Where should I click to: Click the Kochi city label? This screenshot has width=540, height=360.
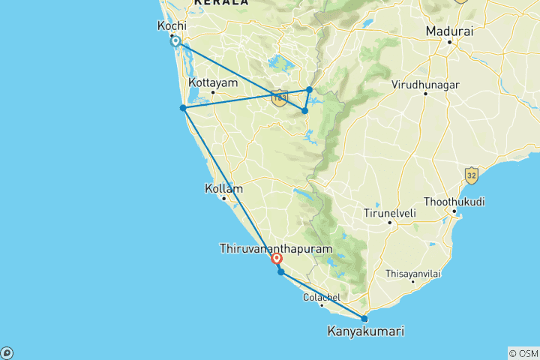click(x=172, y=25)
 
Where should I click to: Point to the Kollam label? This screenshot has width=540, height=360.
click(x=223, y=189)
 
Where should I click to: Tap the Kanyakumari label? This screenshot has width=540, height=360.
click(x=364, y=330)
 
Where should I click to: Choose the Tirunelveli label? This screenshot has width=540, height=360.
click(x=390, y=212)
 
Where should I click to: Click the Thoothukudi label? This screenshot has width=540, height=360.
click(x=454, y=202)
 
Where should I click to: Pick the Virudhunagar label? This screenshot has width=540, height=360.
click(x=424, y=85)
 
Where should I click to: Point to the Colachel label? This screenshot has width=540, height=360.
click(x=322, y=297)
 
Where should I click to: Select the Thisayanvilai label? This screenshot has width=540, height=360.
click(x=412, y=274)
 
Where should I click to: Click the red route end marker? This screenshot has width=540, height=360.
click(x=276, y=259)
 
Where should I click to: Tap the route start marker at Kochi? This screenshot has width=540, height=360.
click(x=175, y=42)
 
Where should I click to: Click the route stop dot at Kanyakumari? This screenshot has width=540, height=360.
click(x=364, y=319)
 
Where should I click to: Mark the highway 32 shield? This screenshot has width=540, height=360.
click(x=471, y=174)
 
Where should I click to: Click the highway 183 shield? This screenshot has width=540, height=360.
click(x=280, y=97)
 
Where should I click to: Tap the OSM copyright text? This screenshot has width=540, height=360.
click(x=523, y=353)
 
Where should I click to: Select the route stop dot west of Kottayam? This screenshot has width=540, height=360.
click(x=183, y=108)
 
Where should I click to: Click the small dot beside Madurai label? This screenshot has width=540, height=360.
click(x=449, y=42)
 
